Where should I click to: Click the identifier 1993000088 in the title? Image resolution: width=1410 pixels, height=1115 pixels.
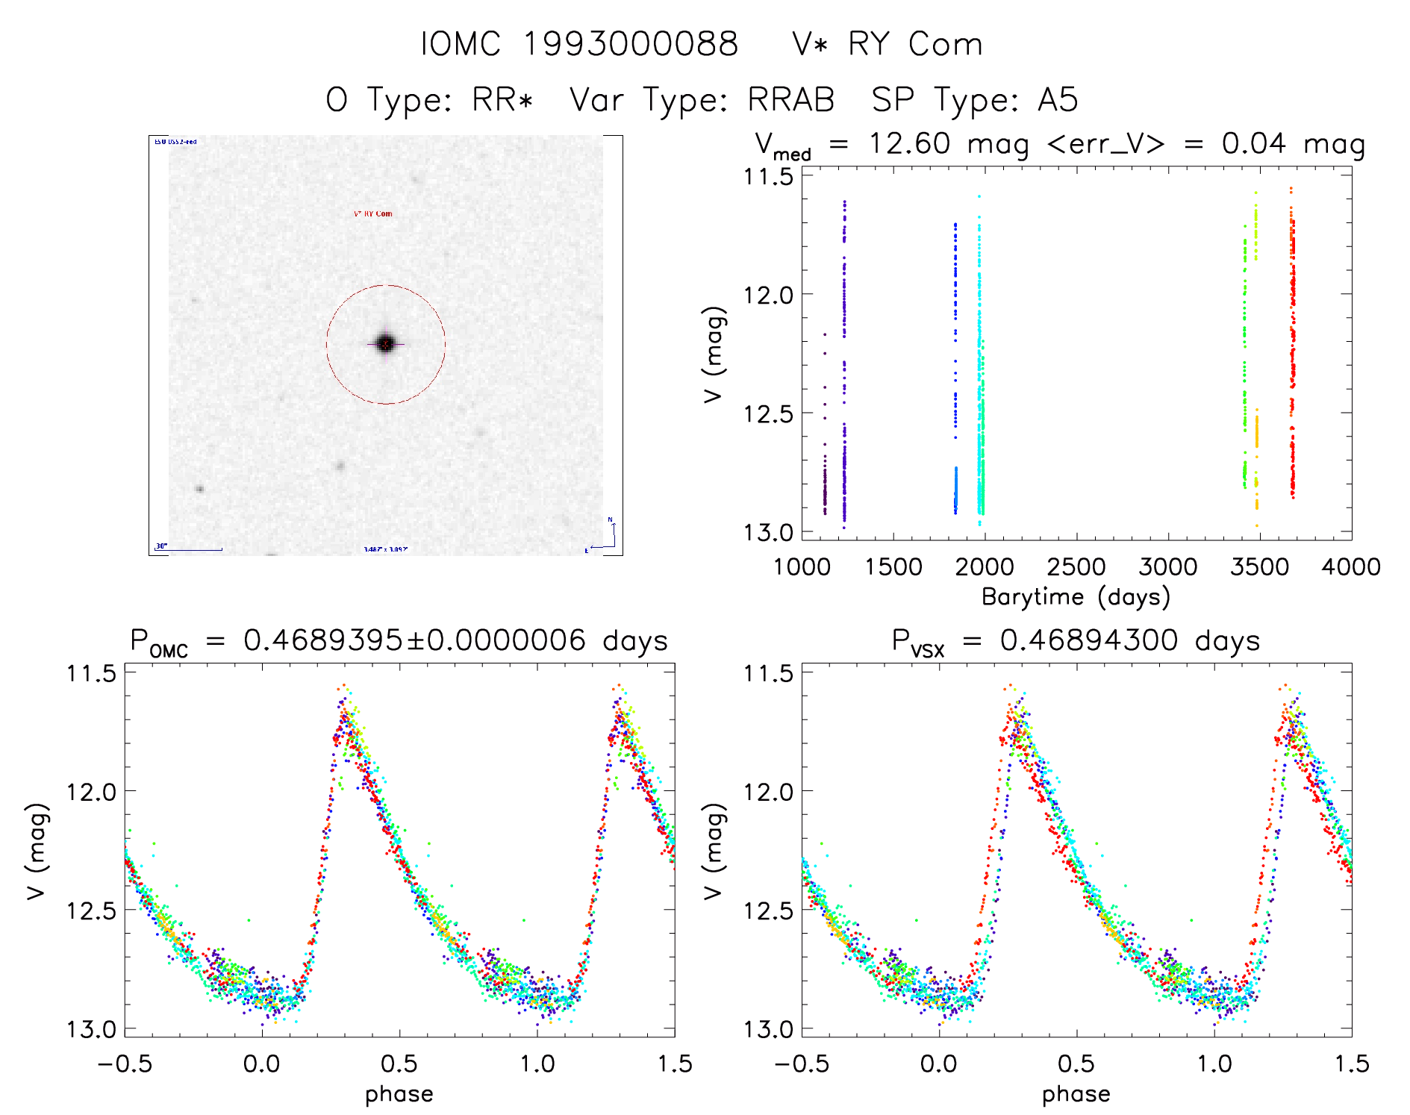coord(631,44)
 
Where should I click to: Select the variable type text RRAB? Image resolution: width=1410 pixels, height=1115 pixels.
coord(791,100)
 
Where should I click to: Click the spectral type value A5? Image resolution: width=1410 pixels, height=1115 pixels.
coord(1058,100)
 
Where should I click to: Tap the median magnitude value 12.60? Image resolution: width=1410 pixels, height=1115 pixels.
coord(909,143)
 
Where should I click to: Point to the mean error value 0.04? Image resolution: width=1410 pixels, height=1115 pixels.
coord(1254,143)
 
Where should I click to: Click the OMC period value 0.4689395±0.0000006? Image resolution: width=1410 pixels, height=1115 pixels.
coord(415,640)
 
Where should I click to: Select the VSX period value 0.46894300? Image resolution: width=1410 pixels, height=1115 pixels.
coord(1089,640)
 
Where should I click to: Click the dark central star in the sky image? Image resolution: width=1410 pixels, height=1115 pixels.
coord(385,344)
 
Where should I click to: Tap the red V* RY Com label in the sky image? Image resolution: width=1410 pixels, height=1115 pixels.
coord(373,213)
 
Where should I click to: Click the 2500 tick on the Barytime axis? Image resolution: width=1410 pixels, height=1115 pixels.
coord(1076,567)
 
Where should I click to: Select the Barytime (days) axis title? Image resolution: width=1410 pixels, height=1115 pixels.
coord(1076,597)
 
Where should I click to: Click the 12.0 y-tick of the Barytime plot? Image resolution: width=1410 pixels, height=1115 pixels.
coord(768,295)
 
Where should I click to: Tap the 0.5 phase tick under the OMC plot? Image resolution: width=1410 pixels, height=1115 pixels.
coord(399,1064)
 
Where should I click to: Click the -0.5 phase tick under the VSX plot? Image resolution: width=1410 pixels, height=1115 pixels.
coord(802,1064)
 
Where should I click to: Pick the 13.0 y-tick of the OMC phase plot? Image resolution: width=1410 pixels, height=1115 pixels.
coord(91,1030)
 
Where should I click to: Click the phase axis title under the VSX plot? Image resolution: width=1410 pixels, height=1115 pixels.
coord(1076,1094)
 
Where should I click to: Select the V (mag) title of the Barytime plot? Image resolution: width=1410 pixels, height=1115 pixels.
coord(714,355)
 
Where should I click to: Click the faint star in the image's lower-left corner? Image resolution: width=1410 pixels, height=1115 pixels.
coord(200,489)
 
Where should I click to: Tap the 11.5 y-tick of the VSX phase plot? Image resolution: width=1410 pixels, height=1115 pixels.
coord(768,673)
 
